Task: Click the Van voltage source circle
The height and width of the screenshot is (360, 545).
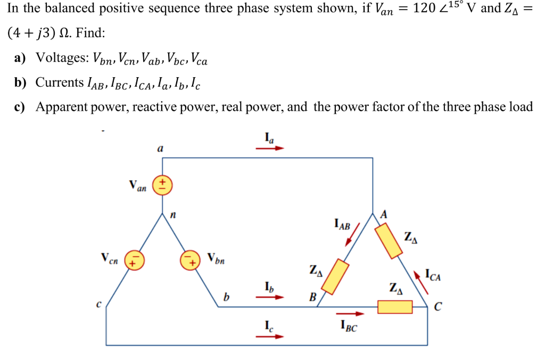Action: pyautogui.click(x=162, y=186)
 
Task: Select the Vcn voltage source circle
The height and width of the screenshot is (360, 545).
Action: pyautogui.click(x=133, y=260)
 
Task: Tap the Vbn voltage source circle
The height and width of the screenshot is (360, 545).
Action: pyautogui.click(x=189, y=260)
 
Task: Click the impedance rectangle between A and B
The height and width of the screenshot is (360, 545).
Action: pyautogui.click(x=336, y=277)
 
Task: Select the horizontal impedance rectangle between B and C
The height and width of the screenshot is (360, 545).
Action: pyautogui.click(x=394, y=307)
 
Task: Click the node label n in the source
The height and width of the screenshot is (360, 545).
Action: pyautogui.click(x=173, y=216)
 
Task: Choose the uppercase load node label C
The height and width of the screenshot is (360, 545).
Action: pyautogui.click(x=437, y=307)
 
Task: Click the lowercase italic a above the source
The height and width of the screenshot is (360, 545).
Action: pyautogui.click(x=160, y=150)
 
